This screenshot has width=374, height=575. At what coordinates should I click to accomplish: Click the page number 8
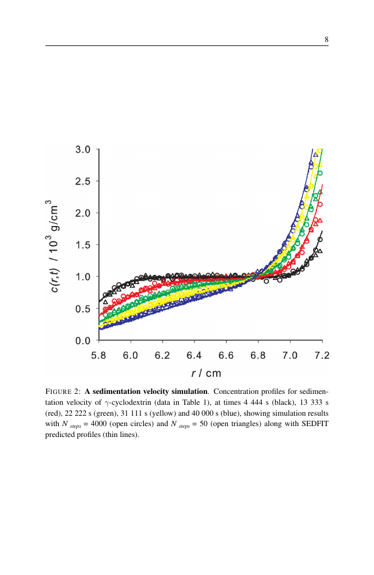326,40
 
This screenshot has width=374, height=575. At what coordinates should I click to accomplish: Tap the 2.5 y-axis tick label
83,181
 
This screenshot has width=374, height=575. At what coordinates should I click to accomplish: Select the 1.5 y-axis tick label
83,245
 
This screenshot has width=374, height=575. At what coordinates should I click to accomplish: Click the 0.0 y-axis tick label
83,340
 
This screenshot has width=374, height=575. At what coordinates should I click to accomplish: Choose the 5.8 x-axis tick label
98,355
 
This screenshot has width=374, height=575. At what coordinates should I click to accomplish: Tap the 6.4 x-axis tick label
194,355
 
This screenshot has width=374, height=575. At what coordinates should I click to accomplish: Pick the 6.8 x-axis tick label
258,355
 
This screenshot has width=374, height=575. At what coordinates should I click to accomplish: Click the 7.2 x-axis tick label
322,355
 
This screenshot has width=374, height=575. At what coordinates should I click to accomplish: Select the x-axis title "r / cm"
206,373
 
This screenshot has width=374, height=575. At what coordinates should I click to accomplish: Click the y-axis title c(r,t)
54,280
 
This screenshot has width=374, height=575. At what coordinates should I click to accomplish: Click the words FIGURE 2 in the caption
63,392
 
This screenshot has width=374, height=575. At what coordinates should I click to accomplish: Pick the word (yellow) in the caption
163,413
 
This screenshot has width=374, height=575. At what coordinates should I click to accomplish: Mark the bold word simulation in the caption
189,392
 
